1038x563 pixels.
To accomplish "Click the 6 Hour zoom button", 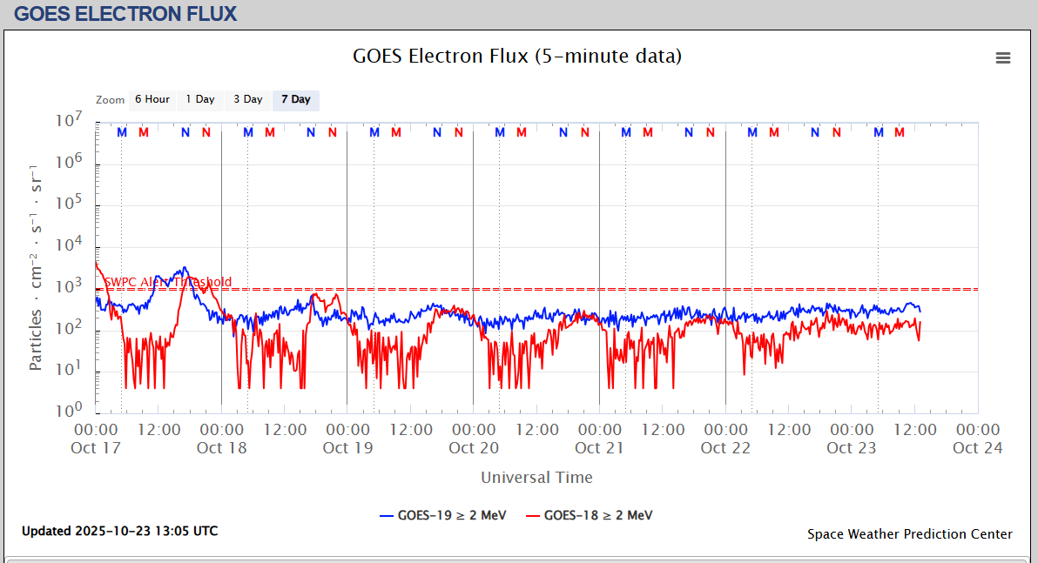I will tap(152, 99).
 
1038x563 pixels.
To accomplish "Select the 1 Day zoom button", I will tap(199, 99).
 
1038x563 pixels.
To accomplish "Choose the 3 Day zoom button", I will tap(247, 99).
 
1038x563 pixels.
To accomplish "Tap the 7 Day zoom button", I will tap(295, 99).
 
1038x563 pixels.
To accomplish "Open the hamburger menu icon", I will tap(1003, 58).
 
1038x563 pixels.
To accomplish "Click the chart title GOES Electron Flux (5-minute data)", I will tap(517, 57).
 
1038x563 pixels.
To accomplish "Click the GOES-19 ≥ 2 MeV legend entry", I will tap(443, 515).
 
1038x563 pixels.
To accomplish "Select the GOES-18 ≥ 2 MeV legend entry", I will tap(590, 515).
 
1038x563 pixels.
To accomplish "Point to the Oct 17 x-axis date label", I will tap(96, 448).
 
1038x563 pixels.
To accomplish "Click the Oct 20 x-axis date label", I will tap(474, 448).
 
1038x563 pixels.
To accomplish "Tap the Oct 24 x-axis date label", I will tap(977, 448).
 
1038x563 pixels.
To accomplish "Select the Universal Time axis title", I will tap(536, 478).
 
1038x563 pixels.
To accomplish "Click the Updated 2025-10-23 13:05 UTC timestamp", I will tap(119, 531).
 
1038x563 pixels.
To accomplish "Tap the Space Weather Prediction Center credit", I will tap(909, 534).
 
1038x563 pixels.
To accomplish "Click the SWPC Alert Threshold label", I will tap(168, 282).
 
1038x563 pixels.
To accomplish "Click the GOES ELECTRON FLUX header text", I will tap(125, 14).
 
